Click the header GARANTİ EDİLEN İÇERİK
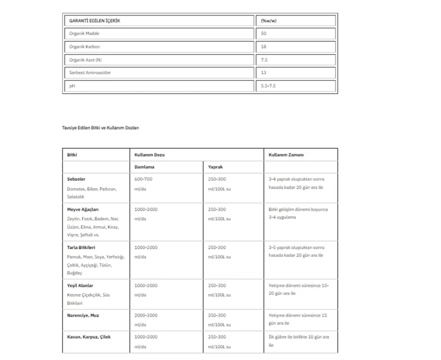[95, 21]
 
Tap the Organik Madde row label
[84, 34]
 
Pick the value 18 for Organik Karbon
[264, 47]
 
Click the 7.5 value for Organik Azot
[265, 60]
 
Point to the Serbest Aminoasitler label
[90, 73]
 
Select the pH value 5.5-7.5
[269, 86]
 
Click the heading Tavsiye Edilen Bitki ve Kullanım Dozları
[100, 127]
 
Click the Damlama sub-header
[144, 167]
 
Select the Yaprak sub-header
[216, 167]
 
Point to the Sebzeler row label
[77, 179]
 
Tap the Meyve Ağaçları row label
[83, 209]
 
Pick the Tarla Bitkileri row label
[81, 247]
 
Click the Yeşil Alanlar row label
[80, 286]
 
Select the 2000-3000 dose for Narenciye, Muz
[146, 316]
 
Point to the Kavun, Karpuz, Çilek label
[89, 337]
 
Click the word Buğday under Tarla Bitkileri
[75, 273]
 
